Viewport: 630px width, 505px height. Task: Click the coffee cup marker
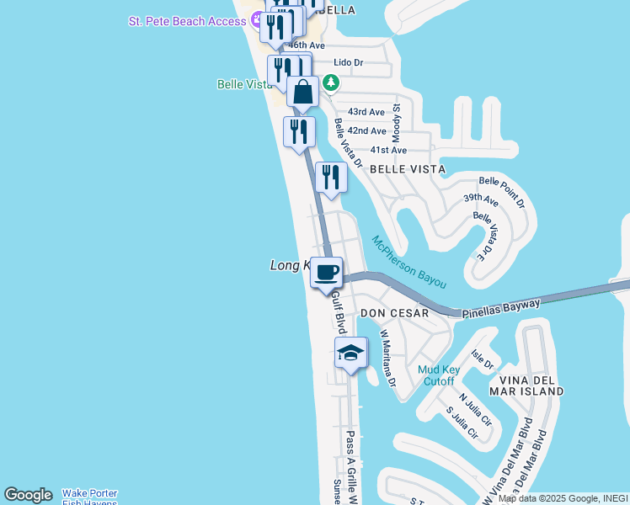326,272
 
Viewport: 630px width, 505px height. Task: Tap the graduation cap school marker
351,353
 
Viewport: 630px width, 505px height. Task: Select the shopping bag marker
303,92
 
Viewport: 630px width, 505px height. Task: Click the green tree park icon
331,82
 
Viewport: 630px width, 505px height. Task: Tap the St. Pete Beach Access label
187,21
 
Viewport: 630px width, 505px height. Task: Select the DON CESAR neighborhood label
394,313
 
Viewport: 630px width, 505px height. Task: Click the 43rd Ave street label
366,112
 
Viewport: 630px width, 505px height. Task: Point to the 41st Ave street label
388,150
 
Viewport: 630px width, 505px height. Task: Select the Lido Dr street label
348,62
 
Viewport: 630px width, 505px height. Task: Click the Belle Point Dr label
502,192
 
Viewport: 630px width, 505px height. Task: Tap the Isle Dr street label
482,360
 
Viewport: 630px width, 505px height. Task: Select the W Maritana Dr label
387,358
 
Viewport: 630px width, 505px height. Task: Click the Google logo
28,495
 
